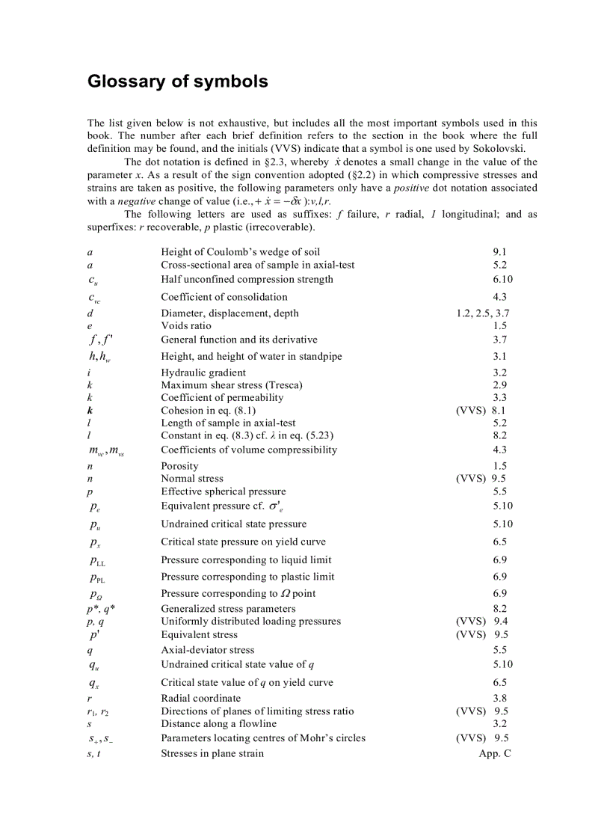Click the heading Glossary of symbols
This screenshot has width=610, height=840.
178,82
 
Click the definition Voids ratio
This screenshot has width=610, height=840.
186,326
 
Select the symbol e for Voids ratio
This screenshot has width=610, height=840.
90,326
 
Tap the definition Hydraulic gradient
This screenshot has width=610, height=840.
203,373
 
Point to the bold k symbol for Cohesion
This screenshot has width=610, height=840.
90,411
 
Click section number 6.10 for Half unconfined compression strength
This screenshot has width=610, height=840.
502,280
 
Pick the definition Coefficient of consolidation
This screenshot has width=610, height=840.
224,297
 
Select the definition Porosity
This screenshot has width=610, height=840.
179,466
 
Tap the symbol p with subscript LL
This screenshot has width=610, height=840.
97,560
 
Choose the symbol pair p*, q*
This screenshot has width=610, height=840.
101,609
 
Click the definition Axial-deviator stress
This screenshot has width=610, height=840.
208,650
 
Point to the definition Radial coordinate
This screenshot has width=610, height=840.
201,699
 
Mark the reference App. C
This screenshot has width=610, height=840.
495,753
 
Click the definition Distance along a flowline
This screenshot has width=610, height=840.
218,723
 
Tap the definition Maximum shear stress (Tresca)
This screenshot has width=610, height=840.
232,385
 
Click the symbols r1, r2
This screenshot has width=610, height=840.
98,711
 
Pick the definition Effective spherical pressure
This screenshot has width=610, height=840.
224,491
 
